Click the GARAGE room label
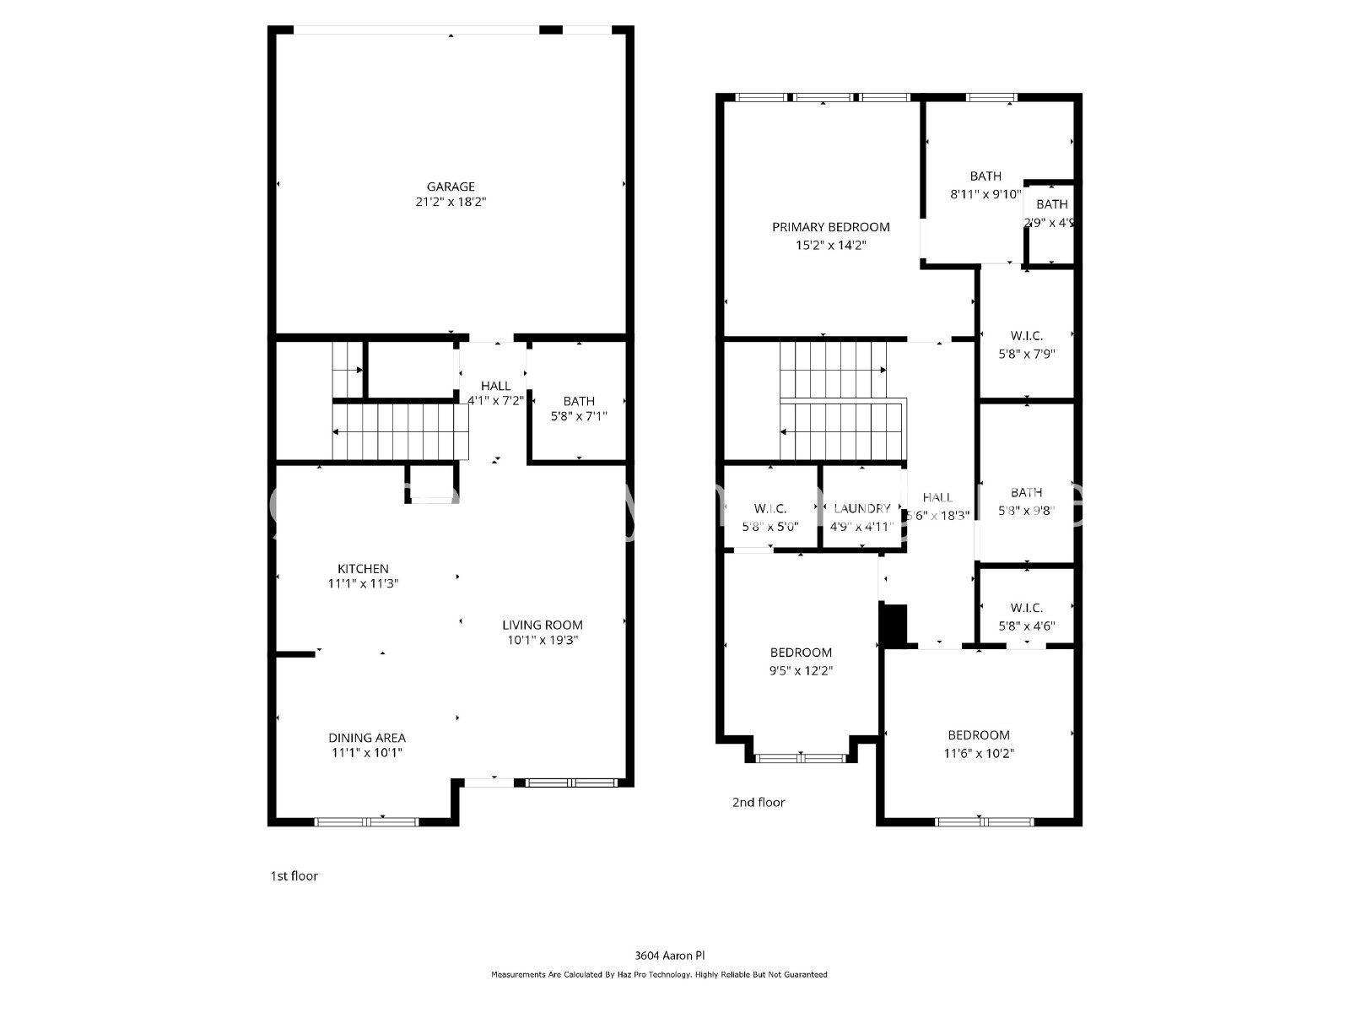point(451,187)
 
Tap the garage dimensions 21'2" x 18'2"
point(451,203)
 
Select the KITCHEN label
point(363,569)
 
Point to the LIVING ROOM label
point(543,625)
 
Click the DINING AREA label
point(367,738)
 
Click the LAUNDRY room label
point(861,508)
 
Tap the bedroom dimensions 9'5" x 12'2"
point(801,671)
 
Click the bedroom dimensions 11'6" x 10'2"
point(979,753)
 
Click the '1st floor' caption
point(294,876)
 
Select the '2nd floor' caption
point(759,803)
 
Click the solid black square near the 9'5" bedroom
point(894,626)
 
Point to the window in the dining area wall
point(367,821)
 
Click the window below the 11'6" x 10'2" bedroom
point(985,821)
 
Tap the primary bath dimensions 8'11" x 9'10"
point(985,193)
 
